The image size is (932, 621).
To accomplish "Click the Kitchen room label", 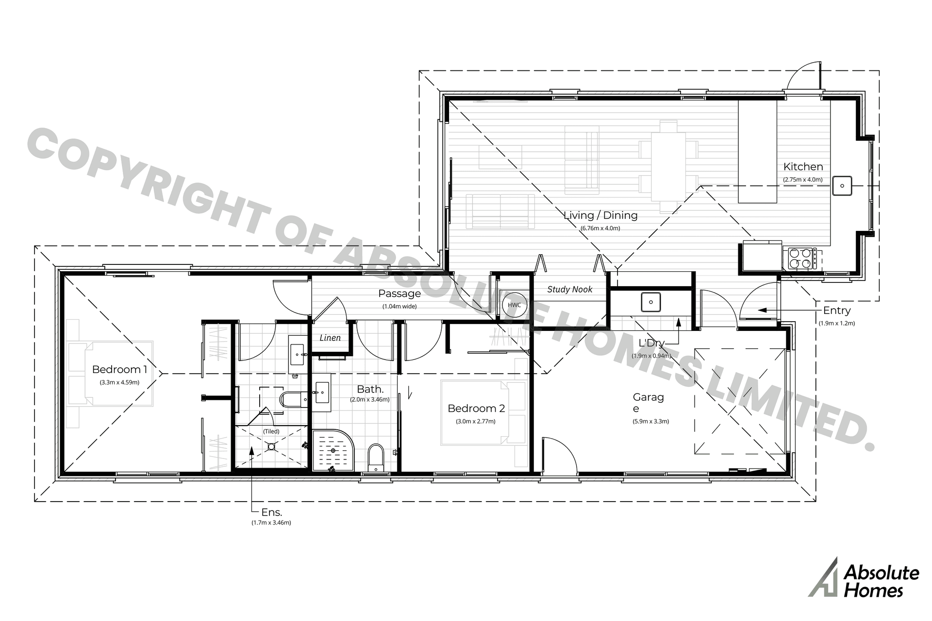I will point(803,167).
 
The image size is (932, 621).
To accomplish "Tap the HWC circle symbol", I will point(514,305).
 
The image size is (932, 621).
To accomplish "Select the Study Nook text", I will point(569,290).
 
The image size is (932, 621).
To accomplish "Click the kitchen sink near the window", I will point(842,186).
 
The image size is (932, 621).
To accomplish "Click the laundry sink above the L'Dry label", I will point(650,302).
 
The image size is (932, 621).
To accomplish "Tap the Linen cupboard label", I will point(330,338).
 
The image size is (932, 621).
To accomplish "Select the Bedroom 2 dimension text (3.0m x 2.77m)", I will point(475,421).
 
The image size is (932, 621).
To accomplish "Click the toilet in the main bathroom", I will point(375,457).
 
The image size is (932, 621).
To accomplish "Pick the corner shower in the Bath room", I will point(333,450).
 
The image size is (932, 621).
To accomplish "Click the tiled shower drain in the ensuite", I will point(271,444).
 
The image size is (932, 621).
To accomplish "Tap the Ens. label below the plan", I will point(271,512).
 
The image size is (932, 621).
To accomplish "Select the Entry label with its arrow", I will point(836,310).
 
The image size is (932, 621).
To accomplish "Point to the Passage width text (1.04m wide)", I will point(399,306).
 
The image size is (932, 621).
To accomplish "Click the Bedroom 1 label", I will point(119,370).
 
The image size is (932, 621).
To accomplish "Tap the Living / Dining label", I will point(600,215).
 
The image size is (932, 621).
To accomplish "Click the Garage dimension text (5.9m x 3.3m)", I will point(650,421).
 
